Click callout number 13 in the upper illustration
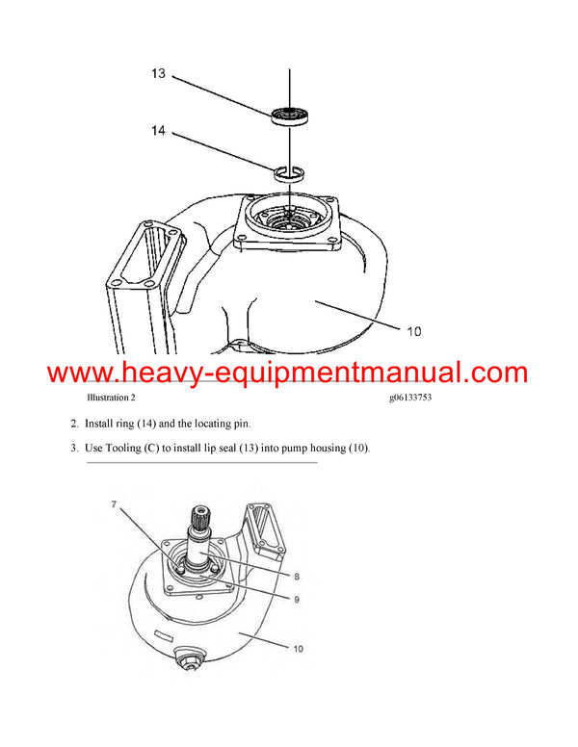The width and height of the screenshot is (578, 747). click(x=159, y=72)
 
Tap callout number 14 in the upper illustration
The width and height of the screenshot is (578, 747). click(x=159, y=130)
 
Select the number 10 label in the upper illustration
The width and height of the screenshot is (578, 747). click(x=413, y=331)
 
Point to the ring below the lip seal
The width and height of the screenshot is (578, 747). click(x=289, y=173)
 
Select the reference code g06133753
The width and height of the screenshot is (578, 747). click(x=405, y=398)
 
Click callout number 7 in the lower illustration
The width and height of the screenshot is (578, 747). click(x=113, y=505)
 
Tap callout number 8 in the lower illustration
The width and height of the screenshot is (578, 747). click(x=297, y=576)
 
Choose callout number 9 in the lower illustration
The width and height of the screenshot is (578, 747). click(x=297, y=599)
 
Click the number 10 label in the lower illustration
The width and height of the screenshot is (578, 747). click(x=298, y=649)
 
